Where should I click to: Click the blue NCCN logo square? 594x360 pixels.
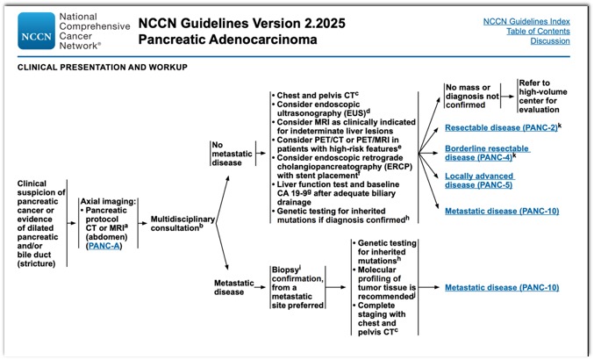point(36,31)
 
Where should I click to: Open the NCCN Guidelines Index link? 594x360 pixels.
point(526,22)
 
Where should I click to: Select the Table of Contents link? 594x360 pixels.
point(538,32)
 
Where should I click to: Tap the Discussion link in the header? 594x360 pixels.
point(549,41)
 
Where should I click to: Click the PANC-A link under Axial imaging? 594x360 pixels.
point(104,246)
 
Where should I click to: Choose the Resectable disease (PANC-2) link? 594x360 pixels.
point(501,127)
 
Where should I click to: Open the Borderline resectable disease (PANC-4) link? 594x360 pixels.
point(487,153)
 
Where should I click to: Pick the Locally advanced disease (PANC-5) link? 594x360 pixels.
point(480,181)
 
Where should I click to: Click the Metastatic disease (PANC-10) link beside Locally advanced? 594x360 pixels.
point(502,211)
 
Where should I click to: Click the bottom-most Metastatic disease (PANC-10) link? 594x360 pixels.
point(502,288)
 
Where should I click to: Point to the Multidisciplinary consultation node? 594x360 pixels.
point(182,224)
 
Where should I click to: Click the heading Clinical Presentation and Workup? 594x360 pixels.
point(103,67)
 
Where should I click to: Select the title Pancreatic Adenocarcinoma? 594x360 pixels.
point(227,40)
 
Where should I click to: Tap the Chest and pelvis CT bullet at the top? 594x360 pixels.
point(315,95)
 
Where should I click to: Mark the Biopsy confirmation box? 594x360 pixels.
point(298,287)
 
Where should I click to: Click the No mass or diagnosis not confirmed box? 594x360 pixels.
point(472,97)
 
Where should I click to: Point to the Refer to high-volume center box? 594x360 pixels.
point(542,97)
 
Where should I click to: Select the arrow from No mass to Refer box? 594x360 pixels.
point(508,97)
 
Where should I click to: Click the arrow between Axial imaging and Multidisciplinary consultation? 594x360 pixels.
point(143,223)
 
